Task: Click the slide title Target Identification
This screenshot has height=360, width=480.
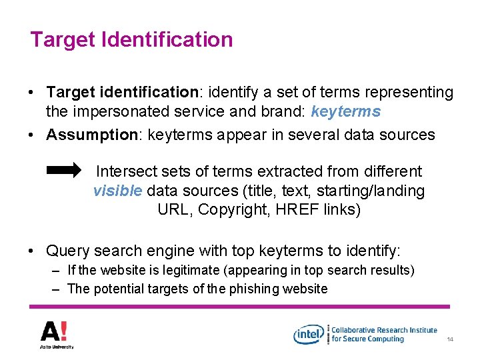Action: point(131,39)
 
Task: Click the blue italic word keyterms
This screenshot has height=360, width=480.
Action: point(345,111)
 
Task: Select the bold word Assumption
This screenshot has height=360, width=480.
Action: point(91,135)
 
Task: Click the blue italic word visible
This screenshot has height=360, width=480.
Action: point(117,191)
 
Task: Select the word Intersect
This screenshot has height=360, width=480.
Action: point(124,171)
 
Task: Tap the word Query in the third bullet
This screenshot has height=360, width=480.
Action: point(67,251)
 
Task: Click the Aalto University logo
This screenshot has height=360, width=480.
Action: point(57,334)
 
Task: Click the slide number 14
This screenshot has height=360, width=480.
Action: point(450,340)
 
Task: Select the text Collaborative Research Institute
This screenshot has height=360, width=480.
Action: point(384,329)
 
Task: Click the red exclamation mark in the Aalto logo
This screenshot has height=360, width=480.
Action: point(65,331)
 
